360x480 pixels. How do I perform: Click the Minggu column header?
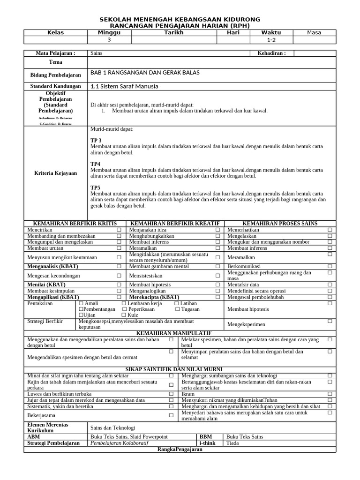[x=109, y=32]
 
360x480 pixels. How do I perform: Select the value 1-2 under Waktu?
[x=271, y=40]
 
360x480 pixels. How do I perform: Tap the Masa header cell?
[x=314, y=32]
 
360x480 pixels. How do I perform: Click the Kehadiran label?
[x=271, y=53]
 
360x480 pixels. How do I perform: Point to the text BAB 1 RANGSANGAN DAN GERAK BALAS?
[x=145, y=74]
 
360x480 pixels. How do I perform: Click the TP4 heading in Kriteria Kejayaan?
[x=96, y=164]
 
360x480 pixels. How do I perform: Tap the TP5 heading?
[x=96, y=187]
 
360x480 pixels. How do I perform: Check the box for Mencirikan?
[x=119, y=230]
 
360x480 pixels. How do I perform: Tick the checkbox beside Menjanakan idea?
[x=218, y=230]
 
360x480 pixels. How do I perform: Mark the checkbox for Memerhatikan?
[x=330, y=230]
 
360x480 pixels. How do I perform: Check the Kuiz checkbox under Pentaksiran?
[x=124, y=315]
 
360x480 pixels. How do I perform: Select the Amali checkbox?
[x=81, y=304]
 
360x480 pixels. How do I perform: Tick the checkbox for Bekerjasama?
[x=171, y=415]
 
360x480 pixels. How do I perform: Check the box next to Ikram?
[x=330, y=394]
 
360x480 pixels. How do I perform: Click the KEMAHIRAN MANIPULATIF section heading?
[x=180, y=333]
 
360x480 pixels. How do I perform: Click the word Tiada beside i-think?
[x=232, y=443]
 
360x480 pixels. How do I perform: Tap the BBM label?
[x=206, y=436]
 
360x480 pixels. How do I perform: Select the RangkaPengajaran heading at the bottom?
[x=180, y=449]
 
